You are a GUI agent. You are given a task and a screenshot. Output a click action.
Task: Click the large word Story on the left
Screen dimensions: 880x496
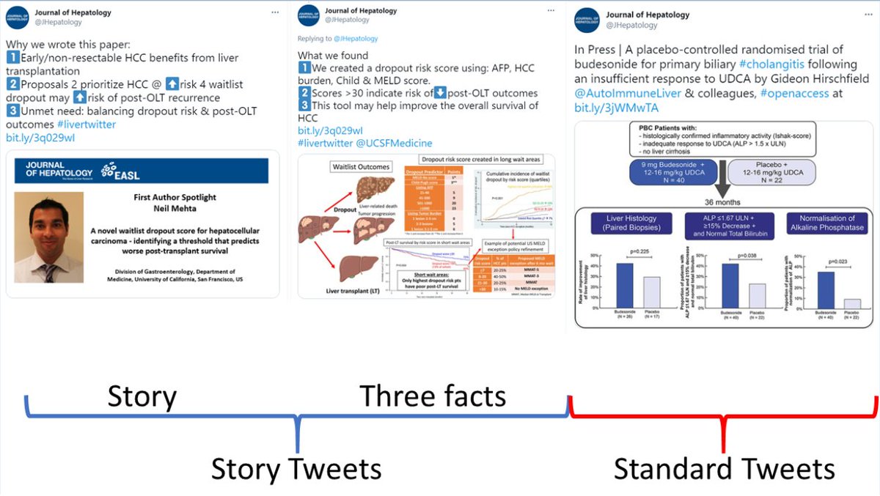(142, 396)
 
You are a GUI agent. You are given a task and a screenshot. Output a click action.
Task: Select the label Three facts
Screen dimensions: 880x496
(433, 396)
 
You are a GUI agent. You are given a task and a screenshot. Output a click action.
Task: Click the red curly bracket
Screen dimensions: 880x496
(724, 418)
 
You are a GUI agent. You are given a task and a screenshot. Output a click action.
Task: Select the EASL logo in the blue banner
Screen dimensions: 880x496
(122, 170)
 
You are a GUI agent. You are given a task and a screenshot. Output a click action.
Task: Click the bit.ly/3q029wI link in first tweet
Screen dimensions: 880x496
(40, 137)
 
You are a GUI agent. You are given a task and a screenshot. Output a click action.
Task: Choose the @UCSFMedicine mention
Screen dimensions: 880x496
(395, 143)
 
